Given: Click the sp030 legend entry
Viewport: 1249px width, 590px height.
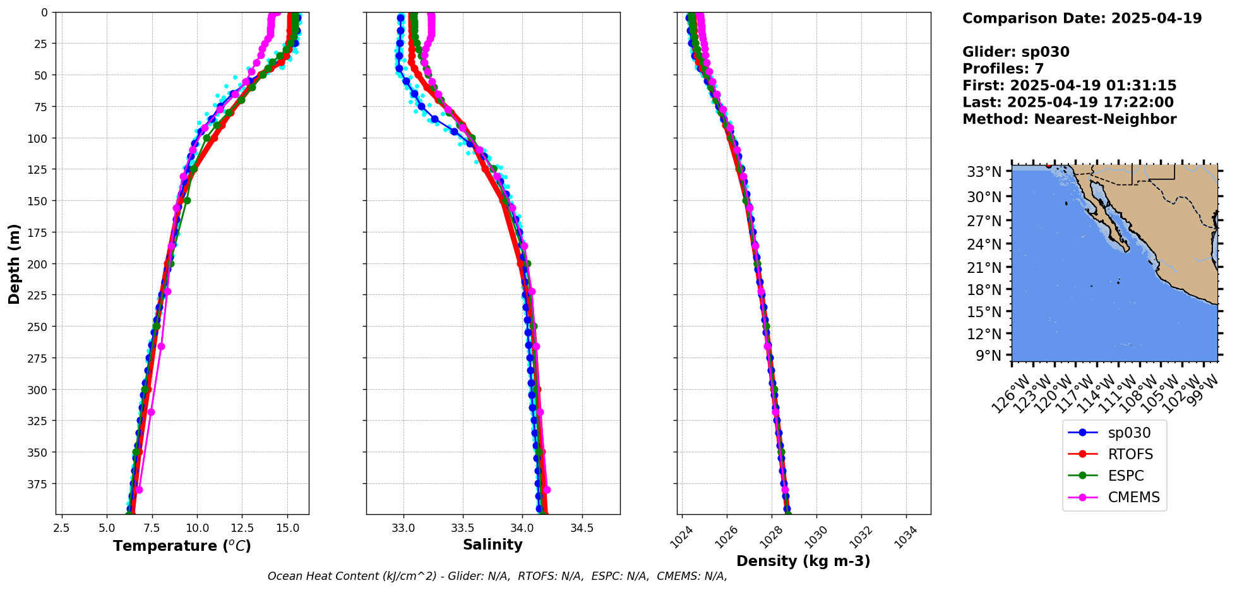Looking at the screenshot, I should tap(1128, 433).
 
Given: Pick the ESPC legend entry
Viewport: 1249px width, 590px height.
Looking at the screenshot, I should tap(1125, 476).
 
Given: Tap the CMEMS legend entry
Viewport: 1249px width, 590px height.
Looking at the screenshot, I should tap(1133, 497).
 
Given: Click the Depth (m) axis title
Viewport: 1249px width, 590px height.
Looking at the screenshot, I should tap(14, 263).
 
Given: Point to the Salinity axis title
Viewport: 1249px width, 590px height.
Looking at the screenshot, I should tap(493, 545).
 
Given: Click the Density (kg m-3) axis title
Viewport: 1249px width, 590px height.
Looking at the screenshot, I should tap(803, 561).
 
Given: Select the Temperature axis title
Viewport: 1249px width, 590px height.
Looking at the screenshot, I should tap(182, 546).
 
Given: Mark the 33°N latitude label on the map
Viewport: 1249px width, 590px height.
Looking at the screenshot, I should tap(984, 172).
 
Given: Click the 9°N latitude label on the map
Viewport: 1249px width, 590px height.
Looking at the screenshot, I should tap(989, 356).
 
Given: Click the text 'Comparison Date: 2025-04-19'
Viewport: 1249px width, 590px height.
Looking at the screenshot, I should tap(1082, 18).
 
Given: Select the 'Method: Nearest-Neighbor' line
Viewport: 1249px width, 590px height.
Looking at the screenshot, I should tap(1069, 119).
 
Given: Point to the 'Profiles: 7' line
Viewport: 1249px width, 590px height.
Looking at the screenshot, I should tap(1003, 69).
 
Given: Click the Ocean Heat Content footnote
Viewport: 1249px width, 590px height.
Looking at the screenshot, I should tap(497, 576).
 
